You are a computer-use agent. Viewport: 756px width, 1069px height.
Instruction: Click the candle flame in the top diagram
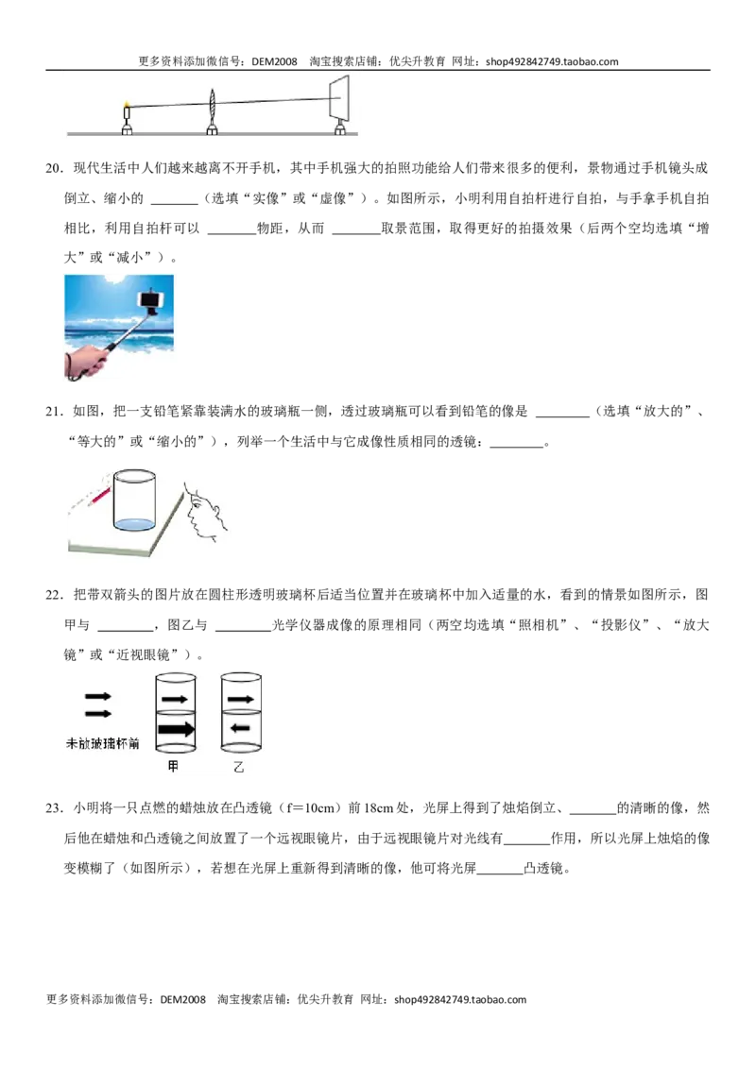click(127, 104)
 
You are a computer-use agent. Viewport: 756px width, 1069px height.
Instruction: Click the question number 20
click(54, 168)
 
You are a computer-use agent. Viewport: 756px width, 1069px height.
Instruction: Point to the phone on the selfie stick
click(151, 298)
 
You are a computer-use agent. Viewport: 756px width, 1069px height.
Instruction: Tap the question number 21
click(54, 411)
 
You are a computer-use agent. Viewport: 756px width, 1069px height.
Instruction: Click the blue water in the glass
click(134, 524)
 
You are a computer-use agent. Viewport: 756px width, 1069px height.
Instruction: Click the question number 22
click(54, 595)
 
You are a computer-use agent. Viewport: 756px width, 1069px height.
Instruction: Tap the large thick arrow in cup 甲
click(176, 729)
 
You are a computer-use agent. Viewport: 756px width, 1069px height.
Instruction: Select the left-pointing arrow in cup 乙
click(239, 728)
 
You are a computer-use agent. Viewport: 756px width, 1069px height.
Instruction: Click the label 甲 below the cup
click(173, 766)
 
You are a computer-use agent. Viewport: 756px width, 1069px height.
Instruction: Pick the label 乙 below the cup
click(238, 767)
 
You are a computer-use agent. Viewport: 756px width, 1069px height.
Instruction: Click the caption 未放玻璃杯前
click(102, 743)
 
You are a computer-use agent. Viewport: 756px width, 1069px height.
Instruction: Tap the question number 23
click(54, 808)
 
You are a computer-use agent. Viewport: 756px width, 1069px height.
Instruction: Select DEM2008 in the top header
click(274, 61)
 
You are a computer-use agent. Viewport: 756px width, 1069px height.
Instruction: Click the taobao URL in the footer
click(460, 999)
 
